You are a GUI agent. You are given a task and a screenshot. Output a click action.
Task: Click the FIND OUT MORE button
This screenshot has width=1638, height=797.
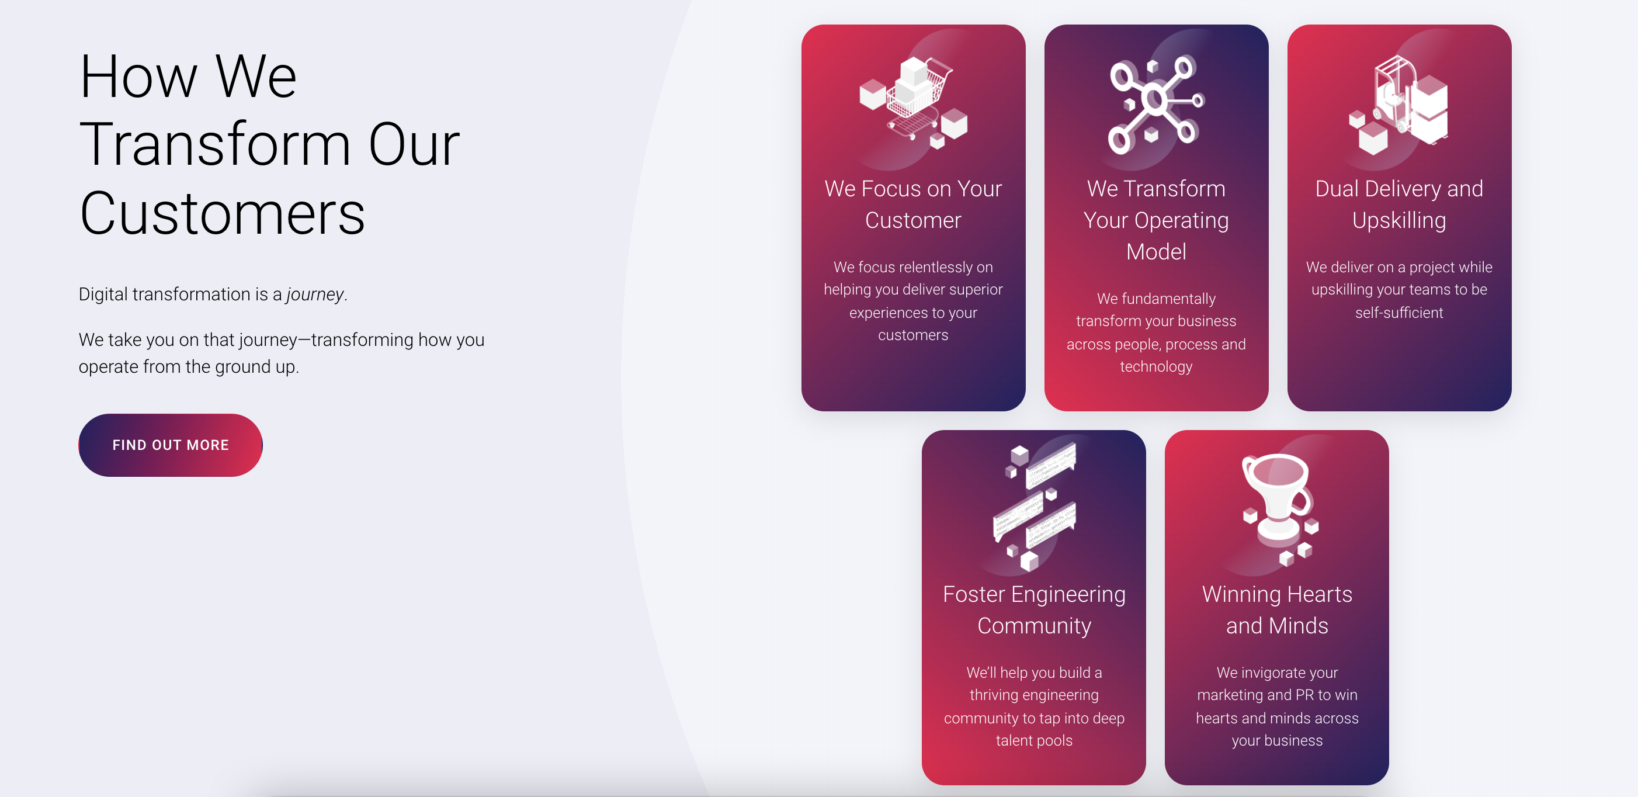171,445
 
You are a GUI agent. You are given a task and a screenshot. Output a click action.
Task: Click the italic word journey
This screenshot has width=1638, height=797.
315,294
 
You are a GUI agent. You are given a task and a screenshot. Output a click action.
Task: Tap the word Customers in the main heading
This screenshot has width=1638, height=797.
222,213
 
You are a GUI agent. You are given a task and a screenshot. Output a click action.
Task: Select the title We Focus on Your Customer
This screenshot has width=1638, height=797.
913,204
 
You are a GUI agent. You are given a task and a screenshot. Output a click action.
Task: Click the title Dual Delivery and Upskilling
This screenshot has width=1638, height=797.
1399,204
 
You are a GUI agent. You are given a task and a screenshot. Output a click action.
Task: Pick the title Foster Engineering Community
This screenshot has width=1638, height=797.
1034,609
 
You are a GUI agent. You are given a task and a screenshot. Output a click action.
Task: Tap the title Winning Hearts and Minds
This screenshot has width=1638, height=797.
1277,609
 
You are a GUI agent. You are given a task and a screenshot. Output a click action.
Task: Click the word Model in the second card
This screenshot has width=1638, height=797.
1156,252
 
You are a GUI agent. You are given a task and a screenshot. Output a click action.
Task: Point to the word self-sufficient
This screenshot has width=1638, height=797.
1399,312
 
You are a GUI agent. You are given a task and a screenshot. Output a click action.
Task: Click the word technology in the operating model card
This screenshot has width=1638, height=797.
1156,366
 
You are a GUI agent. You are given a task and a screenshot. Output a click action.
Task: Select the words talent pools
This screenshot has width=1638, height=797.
1034,740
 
